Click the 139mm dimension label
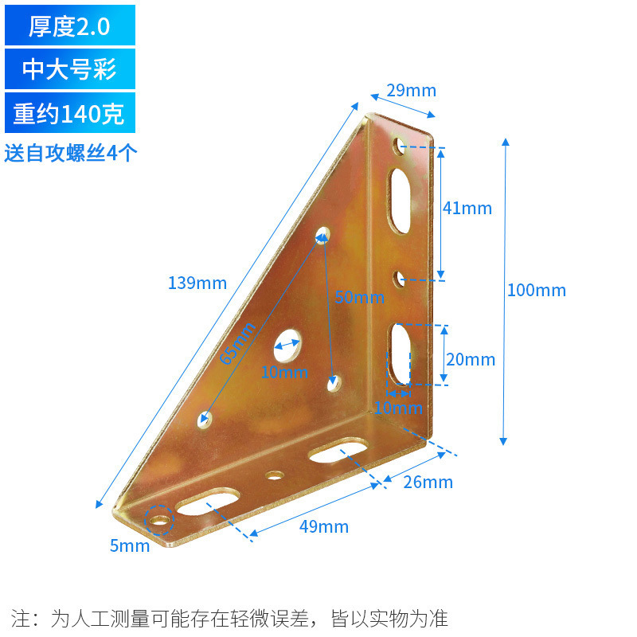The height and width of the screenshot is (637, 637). (x=197, y=283)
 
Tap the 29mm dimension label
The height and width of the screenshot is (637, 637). (x=411, y=90)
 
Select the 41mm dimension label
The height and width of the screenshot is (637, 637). (x=467, y=209)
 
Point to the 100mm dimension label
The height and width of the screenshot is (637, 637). (x=536, y=290)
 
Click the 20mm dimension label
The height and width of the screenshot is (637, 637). (x=470, y=359)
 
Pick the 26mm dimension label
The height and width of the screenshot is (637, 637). (x=428, y=482)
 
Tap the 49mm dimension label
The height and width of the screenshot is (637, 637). (x=324, y=526)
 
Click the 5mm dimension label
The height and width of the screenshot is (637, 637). (x=130, y=545)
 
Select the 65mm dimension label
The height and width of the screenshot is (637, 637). (x=238, y=343)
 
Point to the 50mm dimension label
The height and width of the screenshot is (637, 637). (x=359, y=298)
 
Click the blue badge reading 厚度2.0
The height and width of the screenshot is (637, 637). (x=69, y=26)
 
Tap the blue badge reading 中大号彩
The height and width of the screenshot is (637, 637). (x=69, y=69)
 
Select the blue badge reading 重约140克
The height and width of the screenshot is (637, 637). (x=69, y=113)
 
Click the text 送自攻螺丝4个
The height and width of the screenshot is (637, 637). (x=71, y=152)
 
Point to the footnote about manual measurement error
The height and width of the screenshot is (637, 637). (x=230, y=618)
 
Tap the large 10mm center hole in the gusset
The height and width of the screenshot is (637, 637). (x=287, y=345)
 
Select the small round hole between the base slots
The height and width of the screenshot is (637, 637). (x=276, y=475)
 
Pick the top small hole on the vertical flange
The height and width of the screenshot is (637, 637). (x=398, y=146)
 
